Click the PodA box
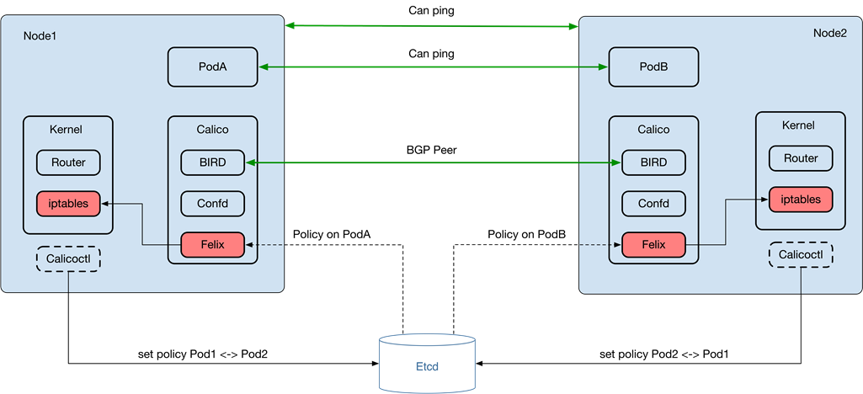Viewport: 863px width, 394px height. point(212,67)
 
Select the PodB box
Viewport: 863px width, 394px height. point(653,67)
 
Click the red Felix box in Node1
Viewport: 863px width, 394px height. point(212,244)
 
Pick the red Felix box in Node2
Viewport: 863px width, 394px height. point(653,244)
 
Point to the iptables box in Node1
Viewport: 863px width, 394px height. point(68,204)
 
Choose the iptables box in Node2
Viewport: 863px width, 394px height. point(801,200)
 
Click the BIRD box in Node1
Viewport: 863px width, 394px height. point(212,162)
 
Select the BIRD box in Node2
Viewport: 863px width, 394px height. point(653,162)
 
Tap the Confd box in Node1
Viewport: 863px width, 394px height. point(212,204)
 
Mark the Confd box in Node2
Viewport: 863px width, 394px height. point(653,204)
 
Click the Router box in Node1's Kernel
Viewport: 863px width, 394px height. point(68,162)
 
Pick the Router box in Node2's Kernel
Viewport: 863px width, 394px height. point(801,158)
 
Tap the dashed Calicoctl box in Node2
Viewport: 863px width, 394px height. point(801,254)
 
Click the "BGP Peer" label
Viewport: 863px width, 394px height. point(431,150)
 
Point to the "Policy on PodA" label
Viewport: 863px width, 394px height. point(332,234)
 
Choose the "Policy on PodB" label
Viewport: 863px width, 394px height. point(527,234)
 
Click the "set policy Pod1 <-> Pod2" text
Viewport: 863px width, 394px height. point(203,354)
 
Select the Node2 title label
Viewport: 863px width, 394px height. point(830,33)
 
